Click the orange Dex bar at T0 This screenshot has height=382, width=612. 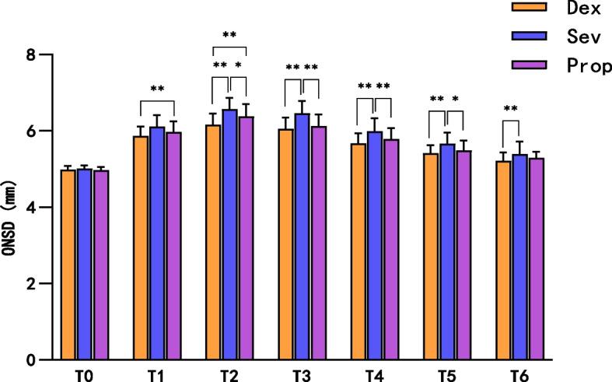click(68, 265)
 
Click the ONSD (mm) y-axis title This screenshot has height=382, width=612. click(10, 208)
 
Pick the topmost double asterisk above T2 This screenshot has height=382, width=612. click(229, 35)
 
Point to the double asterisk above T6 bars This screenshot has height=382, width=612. click(510, 109)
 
